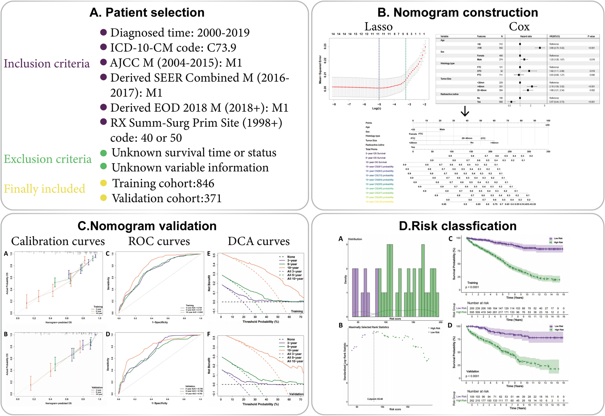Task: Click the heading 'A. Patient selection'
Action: click(x=147, y=13)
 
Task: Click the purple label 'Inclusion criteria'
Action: click(x=47, y=64)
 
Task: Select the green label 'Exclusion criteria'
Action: click(x=48, y=159)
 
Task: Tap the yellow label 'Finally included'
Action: click(x=45, y=189)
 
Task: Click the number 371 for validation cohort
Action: click(x=213, y=198)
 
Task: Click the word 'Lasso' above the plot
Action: click(x=378, y=27)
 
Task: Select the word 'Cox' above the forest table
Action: click(x=519, y=27)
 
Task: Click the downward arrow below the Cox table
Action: click(x=465, y=112)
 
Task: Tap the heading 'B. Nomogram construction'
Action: click(x=458, y=13)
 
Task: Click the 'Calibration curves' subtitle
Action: click(x=58, y=241)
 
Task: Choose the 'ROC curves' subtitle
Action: click(x=159, y=241)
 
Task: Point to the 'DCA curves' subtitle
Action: click(x=259, y=241)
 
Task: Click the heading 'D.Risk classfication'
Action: click(x=458, y=226)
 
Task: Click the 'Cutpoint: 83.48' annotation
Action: click(x=375, y=399)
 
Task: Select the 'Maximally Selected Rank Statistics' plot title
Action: click(x=368, y=327)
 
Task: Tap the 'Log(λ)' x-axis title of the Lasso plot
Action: click(x=377, y=108)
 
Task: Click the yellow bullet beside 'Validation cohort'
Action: click(x=103, y=198)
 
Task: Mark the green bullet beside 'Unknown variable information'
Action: click(x=103, y=166)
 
